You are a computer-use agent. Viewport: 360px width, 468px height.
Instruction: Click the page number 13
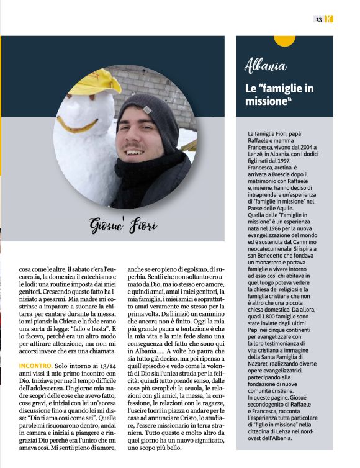coord(318,19)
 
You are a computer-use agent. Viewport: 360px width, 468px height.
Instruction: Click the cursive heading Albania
coord(266,65)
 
